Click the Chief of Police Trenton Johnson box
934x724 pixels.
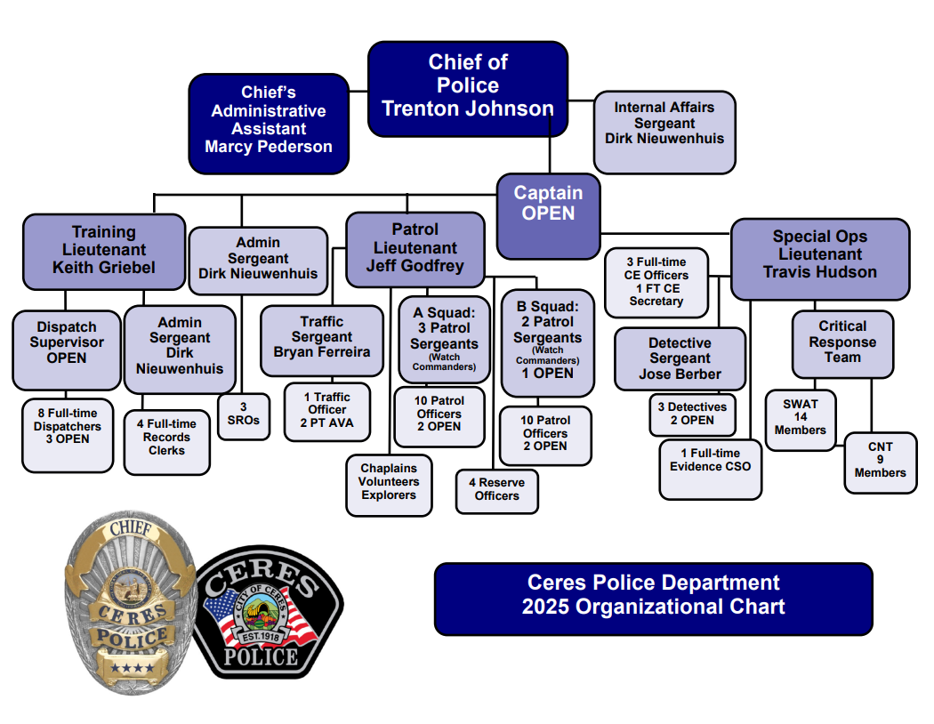pos(468,88)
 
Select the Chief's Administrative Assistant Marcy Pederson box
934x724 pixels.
pos(269,122)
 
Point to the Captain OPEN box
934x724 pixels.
pos(548,214)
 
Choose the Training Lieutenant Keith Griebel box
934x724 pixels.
pos(103,251)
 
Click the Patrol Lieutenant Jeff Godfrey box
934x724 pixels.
pos(415,248)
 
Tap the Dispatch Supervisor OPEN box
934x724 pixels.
pos(67,348)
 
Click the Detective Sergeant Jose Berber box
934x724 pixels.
pos(680,358)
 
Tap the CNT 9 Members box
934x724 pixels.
pos(880,461)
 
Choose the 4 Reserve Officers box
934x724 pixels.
pos(496,490)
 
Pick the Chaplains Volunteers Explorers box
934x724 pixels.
pos(389,483)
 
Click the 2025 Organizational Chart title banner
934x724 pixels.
pos(653,597)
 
